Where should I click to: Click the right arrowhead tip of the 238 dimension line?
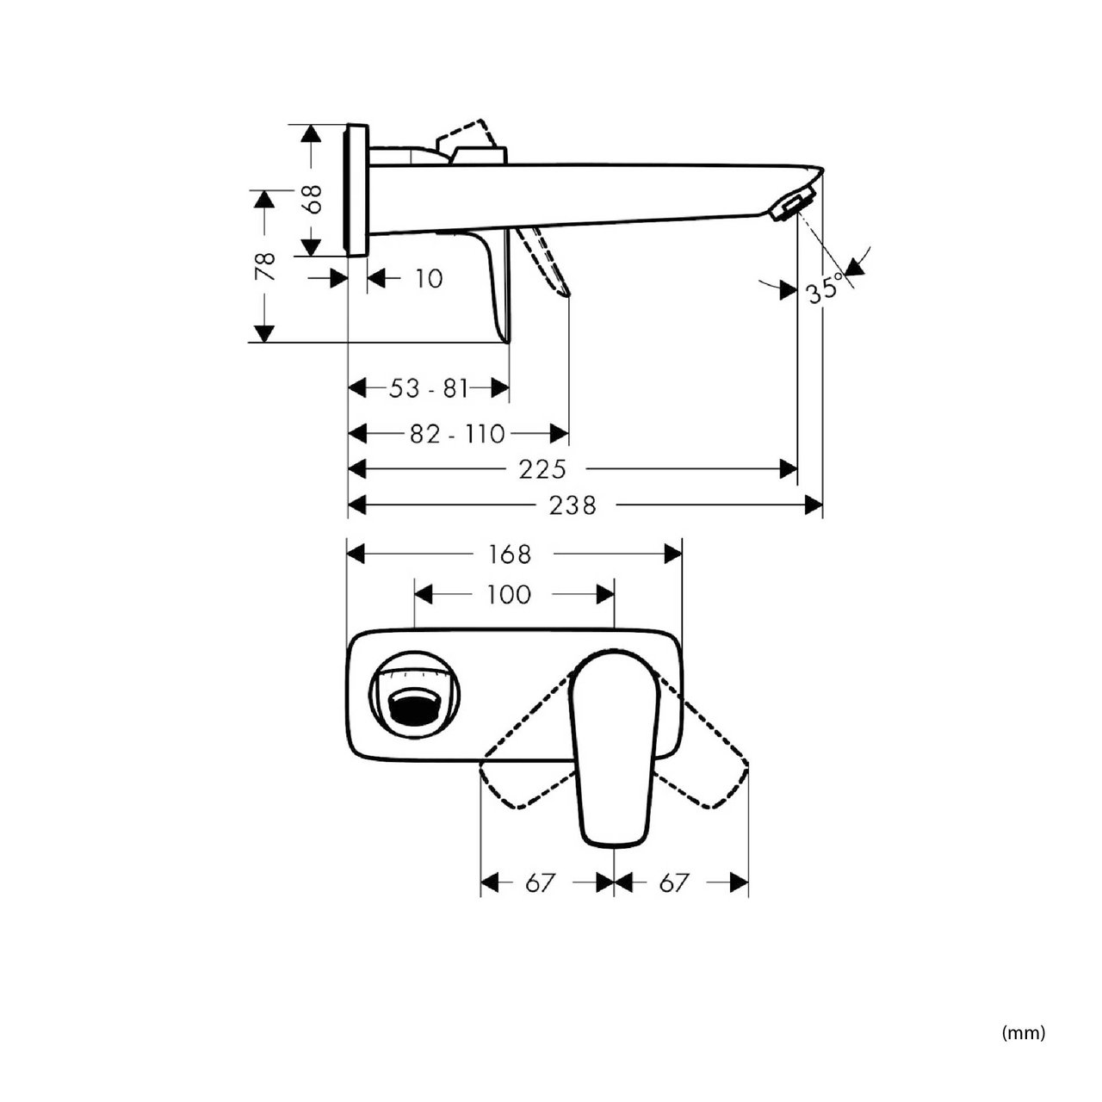pos(822,505)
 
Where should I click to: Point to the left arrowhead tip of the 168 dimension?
pos(349,554)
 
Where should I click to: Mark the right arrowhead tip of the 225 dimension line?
pos(797,469)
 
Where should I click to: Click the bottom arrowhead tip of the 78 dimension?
pos(263,342)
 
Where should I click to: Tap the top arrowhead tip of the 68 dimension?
pos(311,124)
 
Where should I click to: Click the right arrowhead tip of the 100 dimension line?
pos(614,594)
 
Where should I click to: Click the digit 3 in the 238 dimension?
pos(573,505)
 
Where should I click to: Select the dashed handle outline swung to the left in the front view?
pos(526,742)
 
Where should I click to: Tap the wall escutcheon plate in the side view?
pos(356,190)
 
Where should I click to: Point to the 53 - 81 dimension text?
pos(429,388)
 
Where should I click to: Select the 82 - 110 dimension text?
pos(457,434)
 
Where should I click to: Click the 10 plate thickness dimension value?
pos(429,279)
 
